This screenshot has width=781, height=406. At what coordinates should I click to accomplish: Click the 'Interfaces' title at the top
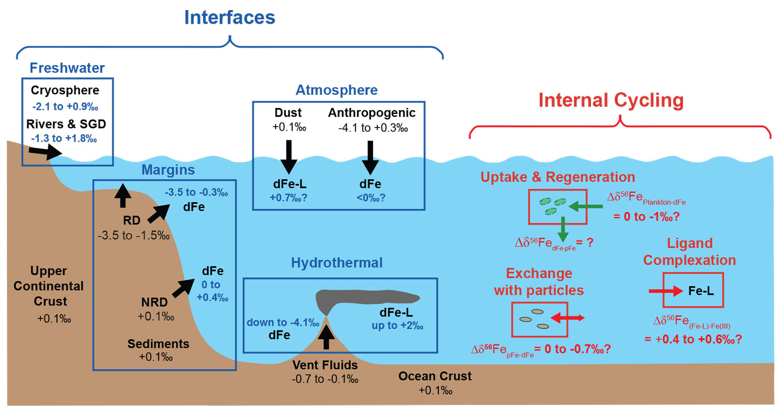coord(230,18)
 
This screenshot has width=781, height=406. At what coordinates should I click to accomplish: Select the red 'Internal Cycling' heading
coord(611,100)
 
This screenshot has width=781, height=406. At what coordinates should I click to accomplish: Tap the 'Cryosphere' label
coord(65,91)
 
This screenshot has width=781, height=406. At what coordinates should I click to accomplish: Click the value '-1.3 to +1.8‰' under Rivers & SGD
coord(64,139)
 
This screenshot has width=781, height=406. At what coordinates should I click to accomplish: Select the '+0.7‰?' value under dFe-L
coord(288,198)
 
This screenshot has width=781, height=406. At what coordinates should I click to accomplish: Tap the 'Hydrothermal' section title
coord(337,263)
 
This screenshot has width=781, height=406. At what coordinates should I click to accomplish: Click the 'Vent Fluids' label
coord(325,365)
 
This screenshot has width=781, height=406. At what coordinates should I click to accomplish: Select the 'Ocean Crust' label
coord(435,376)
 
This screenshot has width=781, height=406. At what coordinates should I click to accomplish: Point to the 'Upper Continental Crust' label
coord(49,286)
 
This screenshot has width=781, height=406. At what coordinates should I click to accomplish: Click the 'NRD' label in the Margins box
coord(154,303)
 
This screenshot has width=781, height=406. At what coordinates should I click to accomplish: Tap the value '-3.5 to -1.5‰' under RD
coord(134,236)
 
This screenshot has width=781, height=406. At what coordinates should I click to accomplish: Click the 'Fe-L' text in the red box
coord(701,291)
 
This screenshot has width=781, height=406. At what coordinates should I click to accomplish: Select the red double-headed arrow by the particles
coord(567,318)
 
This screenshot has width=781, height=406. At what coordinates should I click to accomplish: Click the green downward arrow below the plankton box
coord(563,229)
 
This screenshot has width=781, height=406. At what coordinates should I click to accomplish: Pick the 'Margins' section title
coord(168,170)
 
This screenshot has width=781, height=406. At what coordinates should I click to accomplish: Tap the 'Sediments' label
coord(158,344)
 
